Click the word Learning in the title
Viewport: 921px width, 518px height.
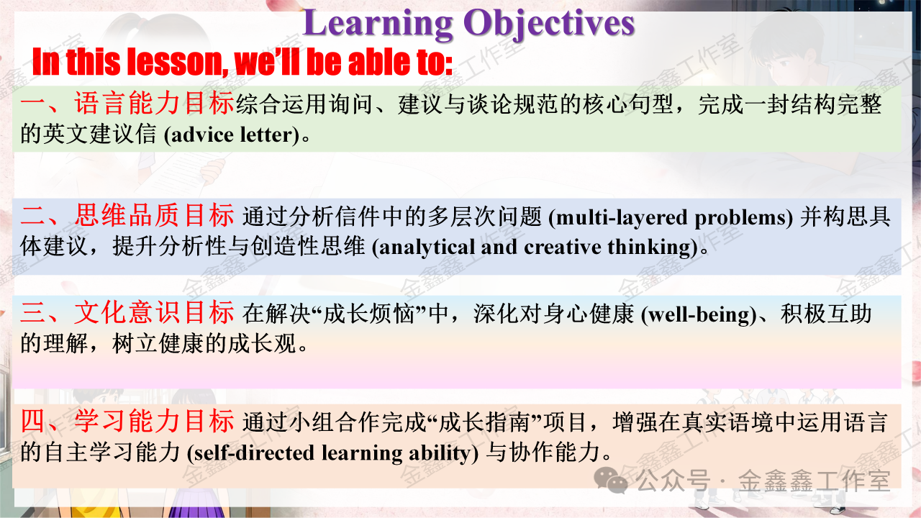point(378,24)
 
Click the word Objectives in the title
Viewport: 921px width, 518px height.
point(549,24)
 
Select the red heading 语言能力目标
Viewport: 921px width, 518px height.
point(154,103)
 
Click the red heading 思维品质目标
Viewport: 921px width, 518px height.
point(154,215)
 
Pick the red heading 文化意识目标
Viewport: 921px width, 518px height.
point(154,312)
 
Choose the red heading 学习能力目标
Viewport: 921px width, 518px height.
point(154,421)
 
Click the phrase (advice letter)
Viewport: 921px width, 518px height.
point(232,135)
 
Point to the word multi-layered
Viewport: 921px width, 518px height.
point(621,218)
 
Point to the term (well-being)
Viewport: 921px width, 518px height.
point(699,315)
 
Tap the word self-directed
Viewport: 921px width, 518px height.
point(254,453)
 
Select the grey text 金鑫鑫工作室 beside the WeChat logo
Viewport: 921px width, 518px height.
point(814,480)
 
